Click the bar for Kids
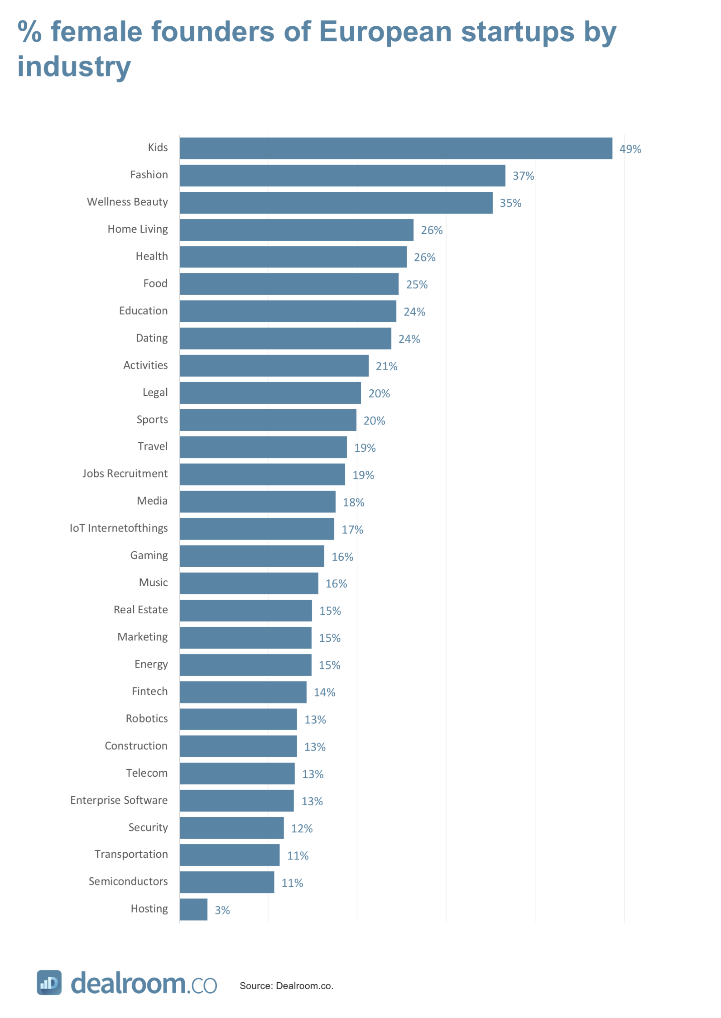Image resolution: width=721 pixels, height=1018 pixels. (x=395, y=148)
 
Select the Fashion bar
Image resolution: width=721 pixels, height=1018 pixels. (x=342, y=176)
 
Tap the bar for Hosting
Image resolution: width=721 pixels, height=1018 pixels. (x=193, y=909)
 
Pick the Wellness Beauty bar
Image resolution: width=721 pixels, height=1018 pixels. (x=336, y=203)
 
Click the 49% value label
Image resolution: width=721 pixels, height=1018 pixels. (x=630, y=149)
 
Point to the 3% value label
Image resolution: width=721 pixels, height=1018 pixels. (x=222, y=910)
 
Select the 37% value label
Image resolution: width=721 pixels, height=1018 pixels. (x=523, y=176)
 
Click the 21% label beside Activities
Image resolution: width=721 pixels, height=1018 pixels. (x=386, y=366)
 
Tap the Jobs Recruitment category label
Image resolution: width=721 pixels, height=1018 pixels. (x=125, y=473)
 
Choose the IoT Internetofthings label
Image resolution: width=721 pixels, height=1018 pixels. (x=118, y=528)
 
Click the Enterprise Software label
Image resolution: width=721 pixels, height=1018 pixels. (x=119, y=800)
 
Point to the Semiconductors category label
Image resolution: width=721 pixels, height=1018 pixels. (x=128, y=881)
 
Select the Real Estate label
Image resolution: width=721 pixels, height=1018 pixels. (x=140, y=610)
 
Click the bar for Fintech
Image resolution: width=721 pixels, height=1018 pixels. (x=243, y=692)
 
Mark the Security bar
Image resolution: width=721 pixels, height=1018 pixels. (x=231, y=828)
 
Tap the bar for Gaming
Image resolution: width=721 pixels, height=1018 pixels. (x=252, y=556)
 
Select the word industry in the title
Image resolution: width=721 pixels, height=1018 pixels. (x=74, y=67)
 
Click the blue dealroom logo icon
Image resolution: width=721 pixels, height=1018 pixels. (x=49, y=982)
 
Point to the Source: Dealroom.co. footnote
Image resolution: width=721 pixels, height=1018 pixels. (x=286, y=986)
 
